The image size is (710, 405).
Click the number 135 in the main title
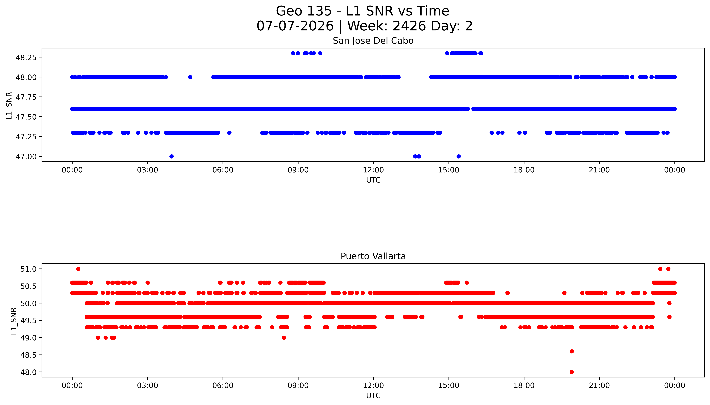pyautogui.click(x=319, y=11)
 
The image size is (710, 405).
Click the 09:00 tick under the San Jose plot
pyautogui.click(x=298, y=170)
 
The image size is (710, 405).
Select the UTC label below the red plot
pyautogui.click(x=373, y=396)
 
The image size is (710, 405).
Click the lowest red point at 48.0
pyautogui.click(x=572, y=372)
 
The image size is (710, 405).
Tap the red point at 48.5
pyautogui.click(x=572, y=351)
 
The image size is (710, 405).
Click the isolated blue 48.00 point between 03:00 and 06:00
pyautogui.click(x=190, y=77)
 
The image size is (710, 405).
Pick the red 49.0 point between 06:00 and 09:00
pyautogui.click(x=284, y=338)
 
